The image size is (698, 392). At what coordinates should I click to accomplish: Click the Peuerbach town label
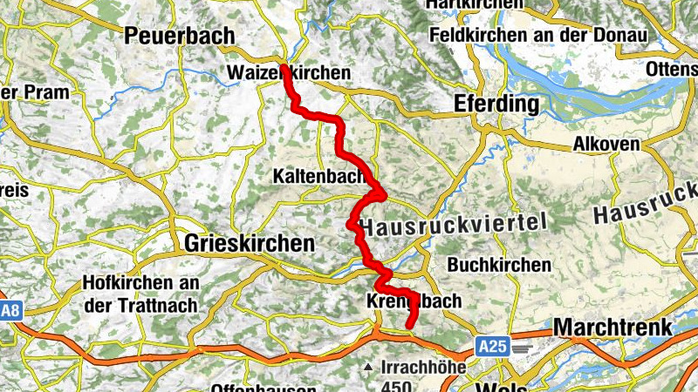coord(181,36)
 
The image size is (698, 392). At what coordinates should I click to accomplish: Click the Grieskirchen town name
coord(249,244)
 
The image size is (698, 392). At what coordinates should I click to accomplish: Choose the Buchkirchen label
coord(499,264)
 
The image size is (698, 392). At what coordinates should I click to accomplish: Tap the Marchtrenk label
coord(612,328)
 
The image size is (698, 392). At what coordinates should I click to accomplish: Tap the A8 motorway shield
coord(10,311)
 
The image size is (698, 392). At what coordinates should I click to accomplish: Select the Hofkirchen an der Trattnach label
coord(140,294)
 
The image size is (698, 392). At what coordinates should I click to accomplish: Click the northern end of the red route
coord(284,69)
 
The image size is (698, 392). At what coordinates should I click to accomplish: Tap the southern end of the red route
coord(409,325)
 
